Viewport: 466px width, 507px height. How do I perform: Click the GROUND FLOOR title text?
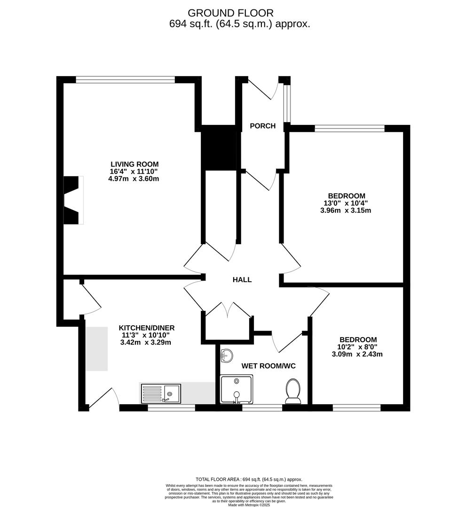[x=230, y=13]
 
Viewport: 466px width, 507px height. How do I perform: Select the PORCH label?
[x=262, y=126]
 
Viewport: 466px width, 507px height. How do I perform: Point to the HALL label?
[x=242, y=280]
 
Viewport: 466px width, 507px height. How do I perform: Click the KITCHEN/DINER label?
[x=146, y=328]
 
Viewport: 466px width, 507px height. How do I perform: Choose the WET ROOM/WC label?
[x=269, y=366]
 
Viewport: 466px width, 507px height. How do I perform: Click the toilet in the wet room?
[x=293, y=392]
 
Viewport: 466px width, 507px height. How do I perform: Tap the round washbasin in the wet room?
[x=226, y=356]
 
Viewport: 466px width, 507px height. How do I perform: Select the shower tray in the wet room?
[x=237, y=389]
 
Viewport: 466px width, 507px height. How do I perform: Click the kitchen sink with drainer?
[x=161, y=393]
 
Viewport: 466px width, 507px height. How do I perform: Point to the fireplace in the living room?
[x=73, y=200]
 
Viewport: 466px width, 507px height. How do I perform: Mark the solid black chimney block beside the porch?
[x=218, y=147]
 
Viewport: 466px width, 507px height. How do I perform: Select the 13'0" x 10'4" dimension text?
[x=347, y=203]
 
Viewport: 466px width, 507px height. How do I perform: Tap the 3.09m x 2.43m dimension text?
[x=358, y=354]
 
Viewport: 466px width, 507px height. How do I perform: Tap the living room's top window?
[x=126, y=80]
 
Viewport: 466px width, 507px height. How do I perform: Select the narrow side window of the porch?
[x=287, y=104]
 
